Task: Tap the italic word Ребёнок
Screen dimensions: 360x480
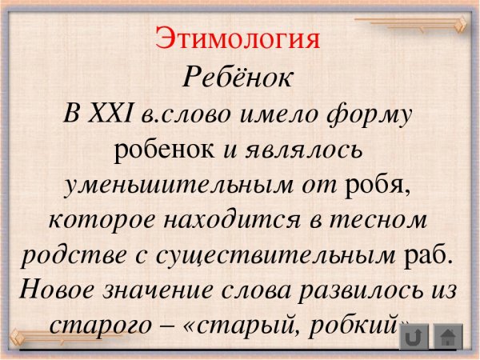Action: click(239, 77)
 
